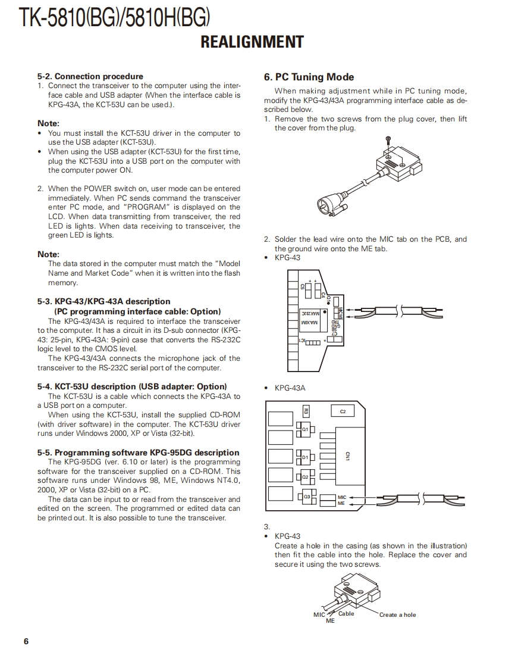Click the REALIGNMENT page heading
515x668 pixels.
pos(252,42)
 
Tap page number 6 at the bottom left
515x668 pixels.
pos(26,641)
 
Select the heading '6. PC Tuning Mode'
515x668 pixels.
pos(309,77)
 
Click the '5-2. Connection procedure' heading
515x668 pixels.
pos(90,76)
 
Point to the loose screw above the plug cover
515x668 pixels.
pos(388,139)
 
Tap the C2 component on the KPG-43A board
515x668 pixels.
pos(343,411)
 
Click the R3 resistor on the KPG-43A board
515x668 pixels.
pos(306,411)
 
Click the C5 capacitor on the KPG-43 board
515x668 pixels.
pos(303,286)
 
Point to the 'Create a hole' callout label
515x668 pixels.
pos(398,615)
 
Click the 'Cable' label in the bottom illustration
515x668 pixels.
pos(346,614)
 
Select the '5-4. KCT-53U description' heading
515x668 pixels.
pos(132,386)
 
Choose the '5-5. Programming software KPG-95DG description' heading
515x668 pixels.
pos(138,452)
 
